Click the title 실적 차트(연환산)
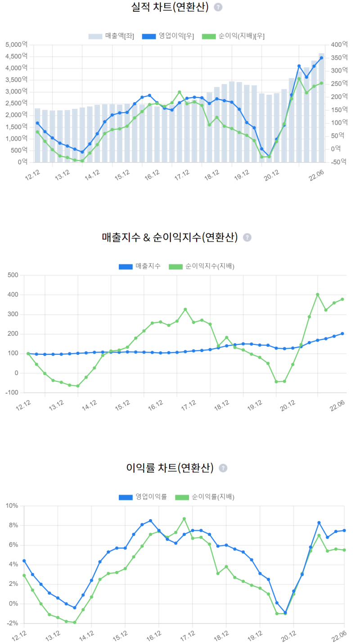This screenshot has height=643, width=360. (x=170, y=7)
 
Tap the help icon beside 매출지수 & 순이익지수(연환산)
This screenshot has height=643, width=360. (x=247, y=237)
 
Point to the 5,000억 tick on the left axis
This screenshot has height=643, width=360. (x=16, y=45)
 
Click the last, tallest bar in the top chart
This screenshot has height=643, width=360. (x=321, y=108)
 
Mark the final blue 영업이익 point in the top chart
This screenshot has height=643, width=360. (x=321, y=58)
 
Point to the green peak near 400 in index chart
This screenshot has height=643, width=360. (x=317, y=294)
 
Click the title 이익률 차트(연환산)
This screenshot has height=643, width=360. (x=170, y=468)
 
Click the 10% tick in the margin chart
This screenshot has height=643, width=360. (x=11, y=506)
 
